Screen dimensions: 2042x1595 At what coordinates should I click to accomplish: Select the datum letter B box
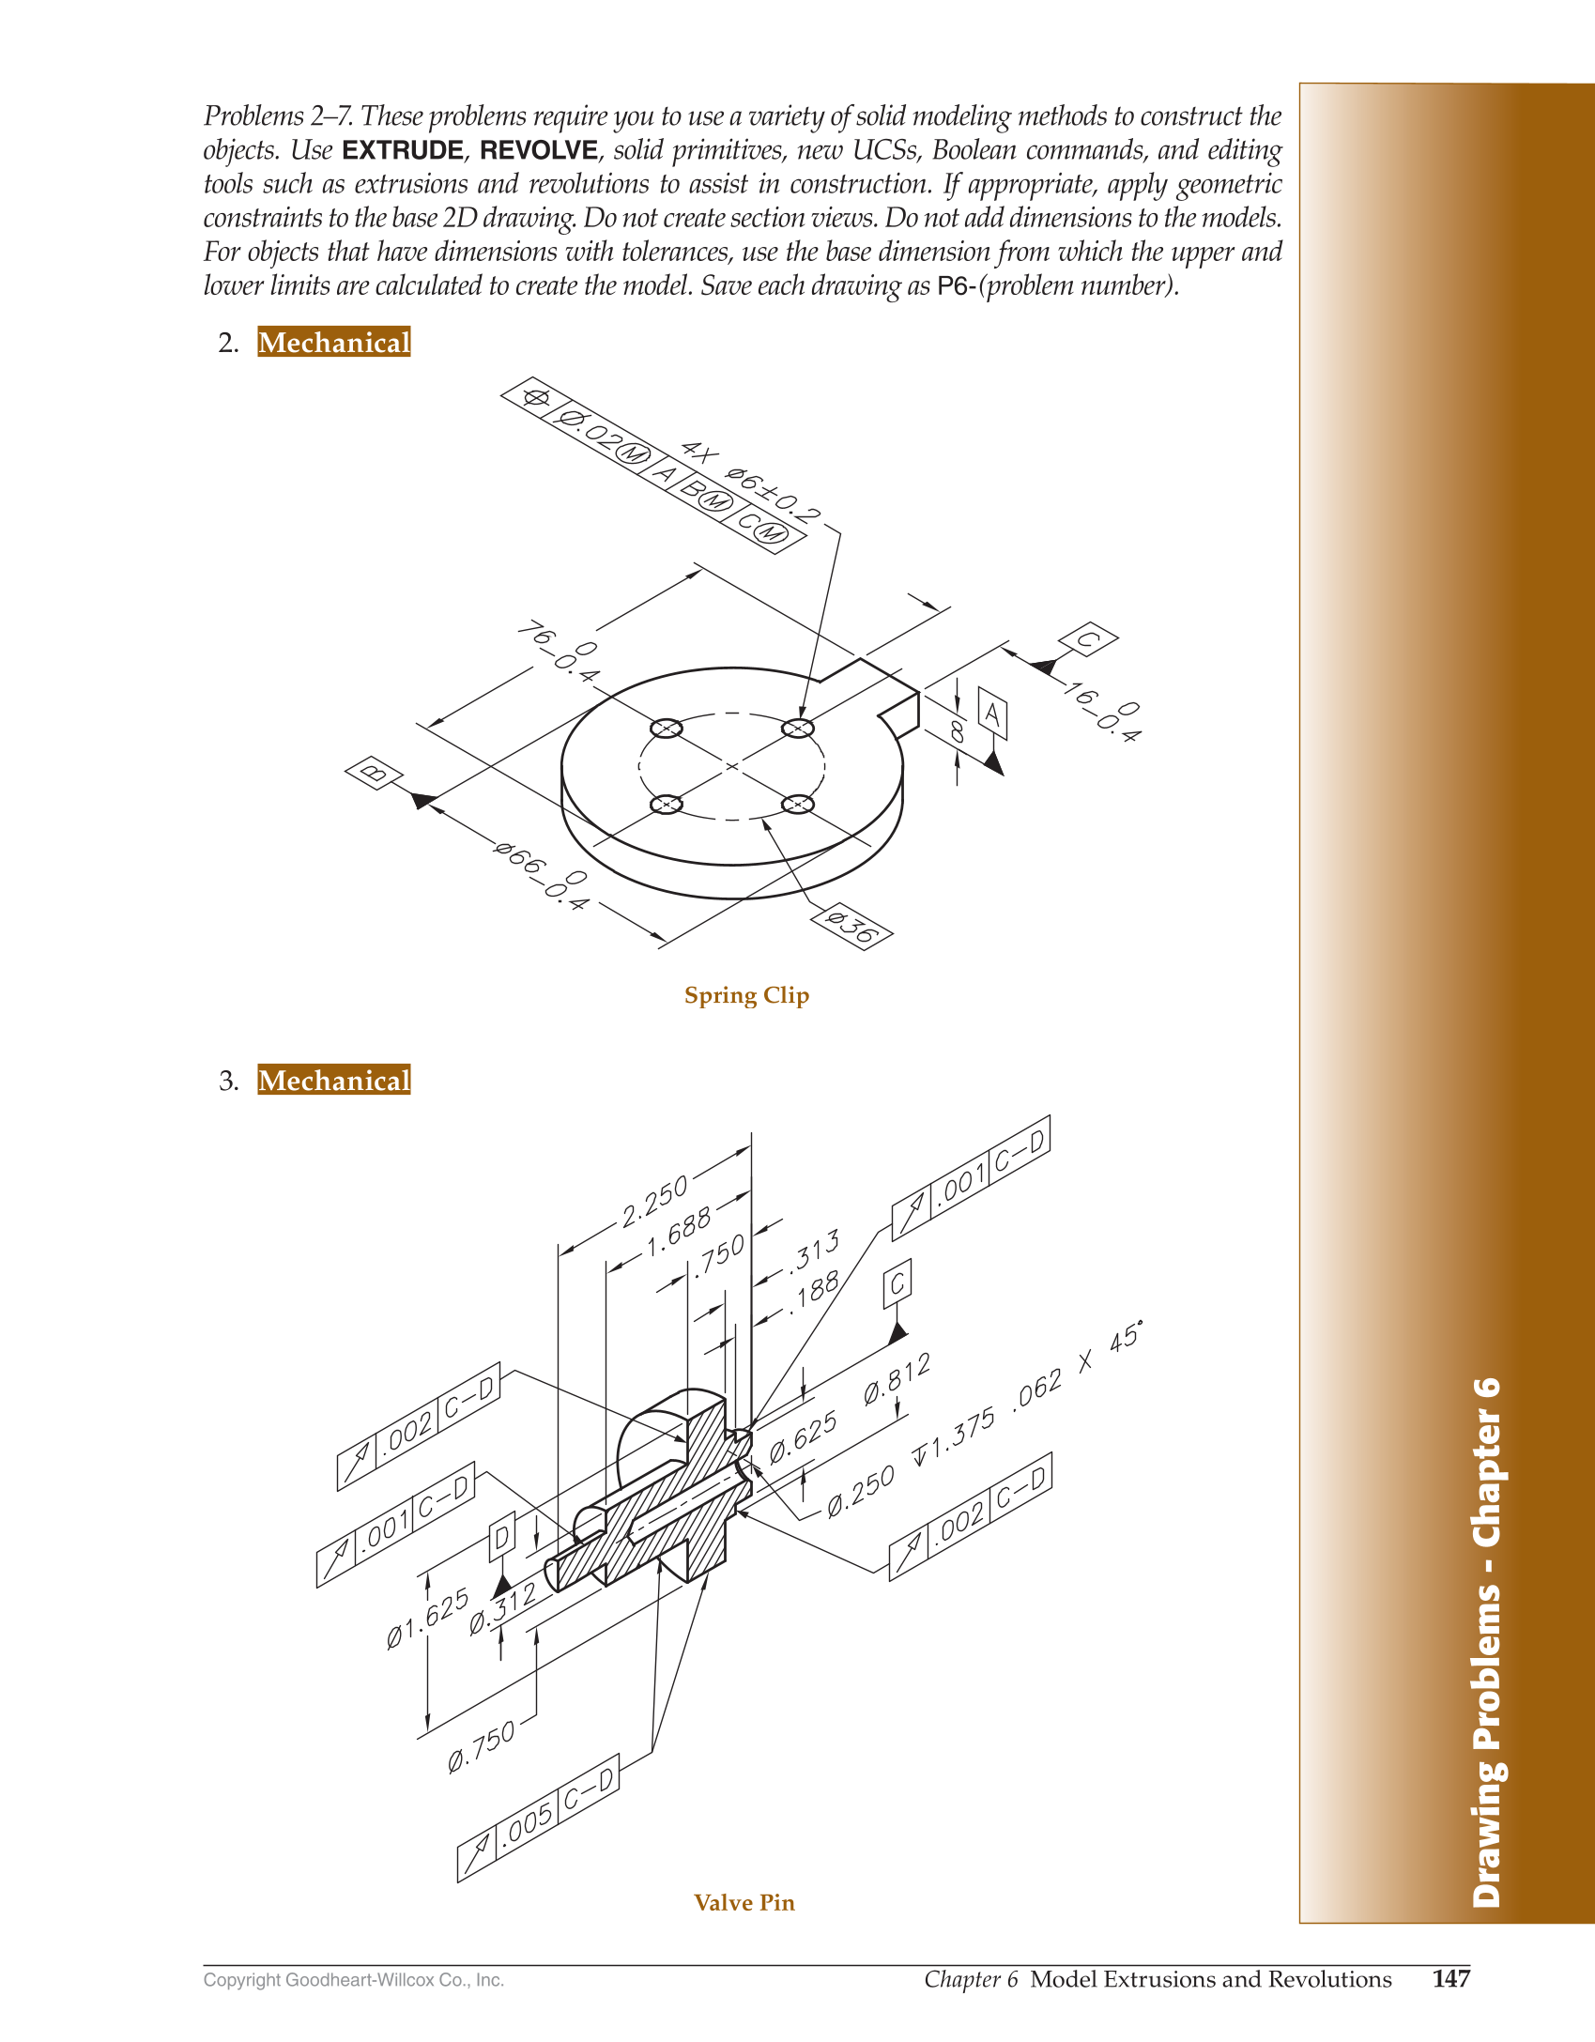point(374,773)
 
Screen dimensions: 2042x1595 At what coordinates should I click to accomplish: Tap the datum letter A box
point(992,714)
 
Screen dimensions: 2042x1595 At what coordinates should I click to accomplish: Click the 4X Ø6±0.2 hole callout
point(750,482)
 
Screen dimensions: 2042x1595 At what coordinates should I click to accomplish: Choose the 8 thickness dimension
point(957,730)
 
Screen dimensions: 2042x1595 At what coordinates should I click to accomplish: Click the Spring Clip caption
point(746,995)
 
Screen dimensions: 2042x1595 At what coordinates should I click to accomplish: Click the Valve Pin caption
point(744,1903)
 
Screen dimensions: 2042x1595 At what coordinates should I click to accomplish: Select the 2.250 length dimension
point(655,1201)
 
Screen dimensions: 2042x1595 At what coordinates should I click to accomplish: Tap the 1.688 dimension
point(678,1233)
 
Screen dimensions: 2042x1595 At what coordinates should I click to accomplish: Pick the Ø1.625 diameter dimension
point(427,1618)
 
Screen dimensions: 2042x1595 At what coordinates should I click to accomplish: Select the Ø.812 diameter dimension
point(897,1379)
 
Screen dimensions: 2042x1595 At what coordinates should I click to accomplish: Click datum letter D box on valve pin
point(502,1537)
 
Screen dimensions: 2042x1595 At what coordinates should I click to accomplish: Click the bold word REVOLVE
point(539,150)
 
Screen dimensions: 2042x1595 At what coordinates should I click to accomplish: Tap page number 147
point(1451,1979)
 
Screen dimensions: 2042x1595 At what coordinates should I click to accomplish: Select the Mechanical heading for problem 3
point(334,1081)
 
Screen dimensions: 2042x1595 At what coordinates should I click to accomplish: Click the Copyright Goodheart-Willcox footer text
point(354,1980)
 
